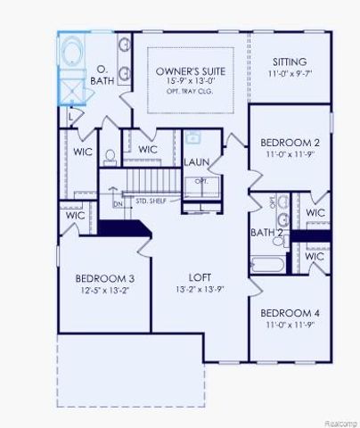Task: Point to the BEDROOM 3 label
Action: (104, 277)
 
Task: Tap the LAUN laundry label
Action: (196, 161)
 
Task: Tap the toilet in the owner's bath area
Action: (110, 158)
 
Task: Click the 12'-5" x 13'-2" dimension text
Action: (104, 290)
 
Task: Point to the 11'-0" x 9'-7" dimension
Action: (290, 74)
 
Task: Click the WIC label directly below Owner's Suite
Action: (148, 149)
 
